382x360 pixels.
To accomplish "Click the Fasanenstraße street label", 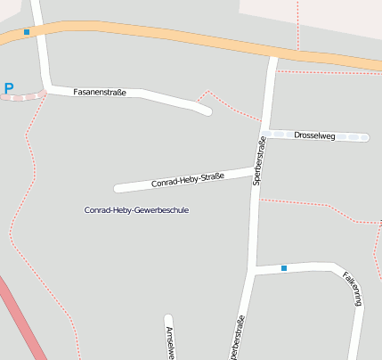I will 99,92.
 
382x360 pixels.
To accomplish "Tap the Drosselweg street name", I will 314,135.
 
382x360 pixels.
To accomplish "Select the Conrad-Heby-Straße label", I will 187,178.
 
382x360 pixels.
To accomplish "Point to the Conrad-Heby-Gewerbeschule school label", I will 136,210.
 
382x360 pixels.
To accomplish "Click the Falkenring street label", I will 354,289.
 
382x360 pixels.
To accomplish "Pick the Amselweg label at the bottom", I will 169,343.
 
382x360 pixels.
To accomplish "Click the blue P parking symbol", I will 9,88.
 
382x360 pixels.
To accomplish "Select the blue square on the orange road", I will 27,32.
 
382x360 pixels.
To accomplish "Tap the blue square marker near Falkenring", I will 284,267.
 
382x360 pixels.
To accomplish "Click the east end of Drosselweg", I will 363,137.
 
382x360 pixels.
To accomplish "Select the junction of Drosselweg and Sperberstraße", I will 264,134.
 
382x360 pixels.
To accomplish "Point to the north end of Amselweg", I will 167,318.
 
